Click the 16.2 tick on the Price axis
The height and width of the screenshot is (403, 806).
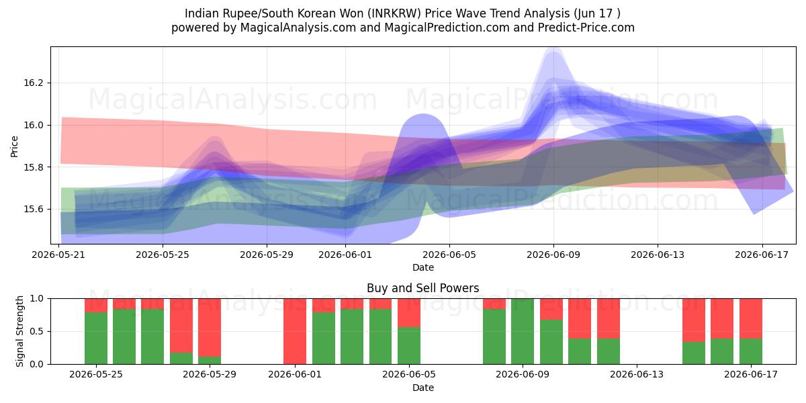click(33, 83)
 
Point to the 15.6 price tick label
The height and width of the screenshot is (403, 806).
click(33, 210)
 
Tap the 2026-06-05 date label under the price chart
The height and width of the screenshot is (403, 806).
click(449, 255)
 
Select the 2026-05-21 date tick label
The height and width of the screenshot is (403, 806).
click(58, 255)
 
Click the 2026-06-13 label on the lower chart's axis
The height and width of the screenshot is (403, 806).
click(637, 374)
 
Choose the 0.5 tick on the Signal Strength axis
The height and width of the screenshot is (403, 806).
click(36, 331)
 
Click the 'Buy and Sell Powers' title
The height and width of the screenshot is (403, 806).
click(422, 288)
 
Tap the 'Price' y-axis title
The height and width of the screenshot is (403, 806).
click(14, 146)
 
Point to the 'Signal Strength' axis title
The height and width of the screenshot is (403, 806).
click(19, 331)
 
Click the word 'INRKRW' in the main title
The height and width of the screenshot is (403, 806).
click(396, 13)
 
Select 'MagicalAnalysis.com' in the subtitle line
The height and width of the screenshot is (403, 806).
click(298, 28)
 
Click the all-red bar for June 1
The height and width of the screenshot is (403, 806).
click(295, 331)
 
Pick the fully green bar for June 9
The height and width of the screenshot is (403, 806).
click(523, 331)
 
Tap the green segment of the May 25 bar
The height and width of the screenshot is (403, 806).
click(96, 339)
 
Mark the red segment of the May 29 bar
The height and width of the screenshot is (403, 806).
click(210, 328)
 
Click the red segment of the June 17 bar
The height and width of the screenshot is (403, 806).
click(751, 318)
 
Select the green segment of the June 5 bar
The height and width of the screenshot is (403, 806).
click(409, 346)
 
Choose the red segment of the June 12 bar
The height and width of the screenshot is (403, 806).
click(609, 318)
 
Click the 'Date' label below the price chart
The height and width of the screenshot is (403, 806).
click(423, 268)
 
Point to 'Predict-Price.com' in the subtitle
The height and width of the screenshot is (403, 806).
click(586, 28)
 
